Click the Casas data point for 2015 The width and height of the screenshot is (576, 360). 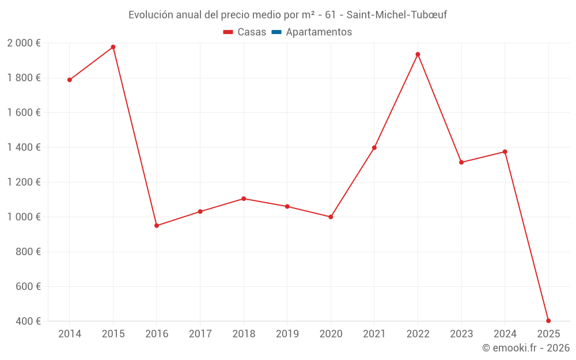coord(113,47)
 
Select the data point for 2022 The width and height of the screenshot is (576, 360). coord(418,55)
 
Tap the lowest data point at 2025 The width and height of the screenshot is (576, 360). coord(548,321)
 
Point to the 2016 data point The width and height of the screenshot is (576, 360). coord(157,226)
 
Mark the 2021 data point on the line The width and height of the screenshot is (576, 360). coord(374,148)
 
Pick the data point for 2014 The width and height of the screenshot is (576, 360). coord(70,80)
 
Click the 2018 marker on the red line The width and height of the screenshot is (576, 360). coord(244,199)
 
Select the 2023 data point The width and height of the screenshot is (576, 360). coord(461,162)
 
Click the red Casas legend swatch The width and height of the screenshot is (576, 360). coord(228,32)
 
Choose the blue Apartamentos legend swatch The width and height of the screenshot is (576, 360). coord(276,32)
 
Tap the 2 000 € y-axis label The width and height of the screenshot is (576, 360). coord(24,43)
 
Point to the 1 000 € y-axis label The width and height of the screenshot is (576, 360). coord(24,217)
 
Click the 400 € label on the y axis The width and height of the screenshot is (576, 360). coord(29,321)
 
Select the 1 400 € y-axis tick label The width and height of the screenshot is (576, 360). coord(24,147)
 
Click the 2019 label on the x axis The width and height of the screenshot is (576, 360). coord(287,334)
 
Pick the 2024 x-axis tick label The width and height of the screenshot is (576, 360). coord(505,334)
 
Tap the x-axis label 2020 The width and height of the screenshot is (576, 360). coord(331,334)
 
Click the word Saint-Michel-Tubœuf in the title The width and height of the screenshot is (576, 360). coord(397,14)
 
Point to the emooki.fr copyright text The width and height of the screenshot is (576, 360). coord(526,348)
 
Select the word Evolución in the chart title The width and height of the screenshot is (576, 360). coord(151,14)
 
